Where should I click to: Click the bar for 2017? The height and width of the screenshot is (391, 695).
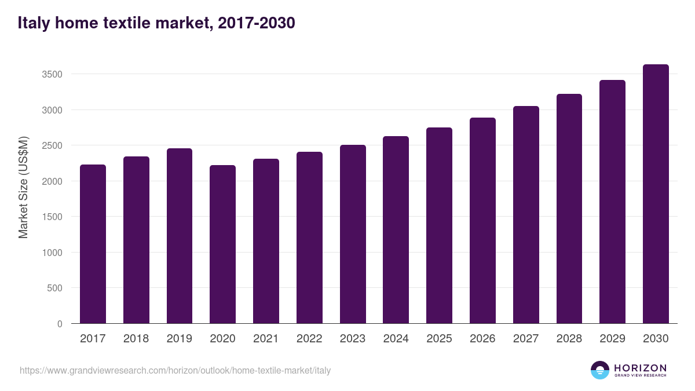(x=93, y=244)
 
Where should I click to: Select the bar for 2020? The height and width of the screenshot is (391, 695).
(x=222, y=244)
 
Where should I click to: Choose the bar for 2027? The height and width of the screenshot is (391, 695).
(x=526, y=215)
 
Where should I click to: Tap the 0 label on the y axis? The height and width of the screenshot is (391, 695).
(x=60, y=324)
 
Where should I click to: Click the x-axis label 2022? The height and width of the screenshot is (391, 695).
(x=309, y=339)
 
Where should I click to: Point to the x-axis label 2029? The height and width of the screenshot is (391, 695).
(x=612, y=339)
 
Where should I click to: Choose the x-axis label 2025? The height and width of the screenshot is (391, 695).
(x=439, y=339)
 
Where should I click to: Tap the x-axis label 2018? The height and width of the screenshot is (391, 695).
(x=136, y=339)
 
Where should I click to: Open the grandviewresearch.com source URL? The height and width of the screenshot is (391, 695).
(x=175, y=370)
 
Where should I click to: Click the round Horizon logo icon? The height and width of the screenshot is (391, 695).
(x=600, y=370)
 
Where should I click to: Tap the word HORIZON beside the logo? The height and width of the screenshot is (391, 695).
(x=640, y=367)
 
